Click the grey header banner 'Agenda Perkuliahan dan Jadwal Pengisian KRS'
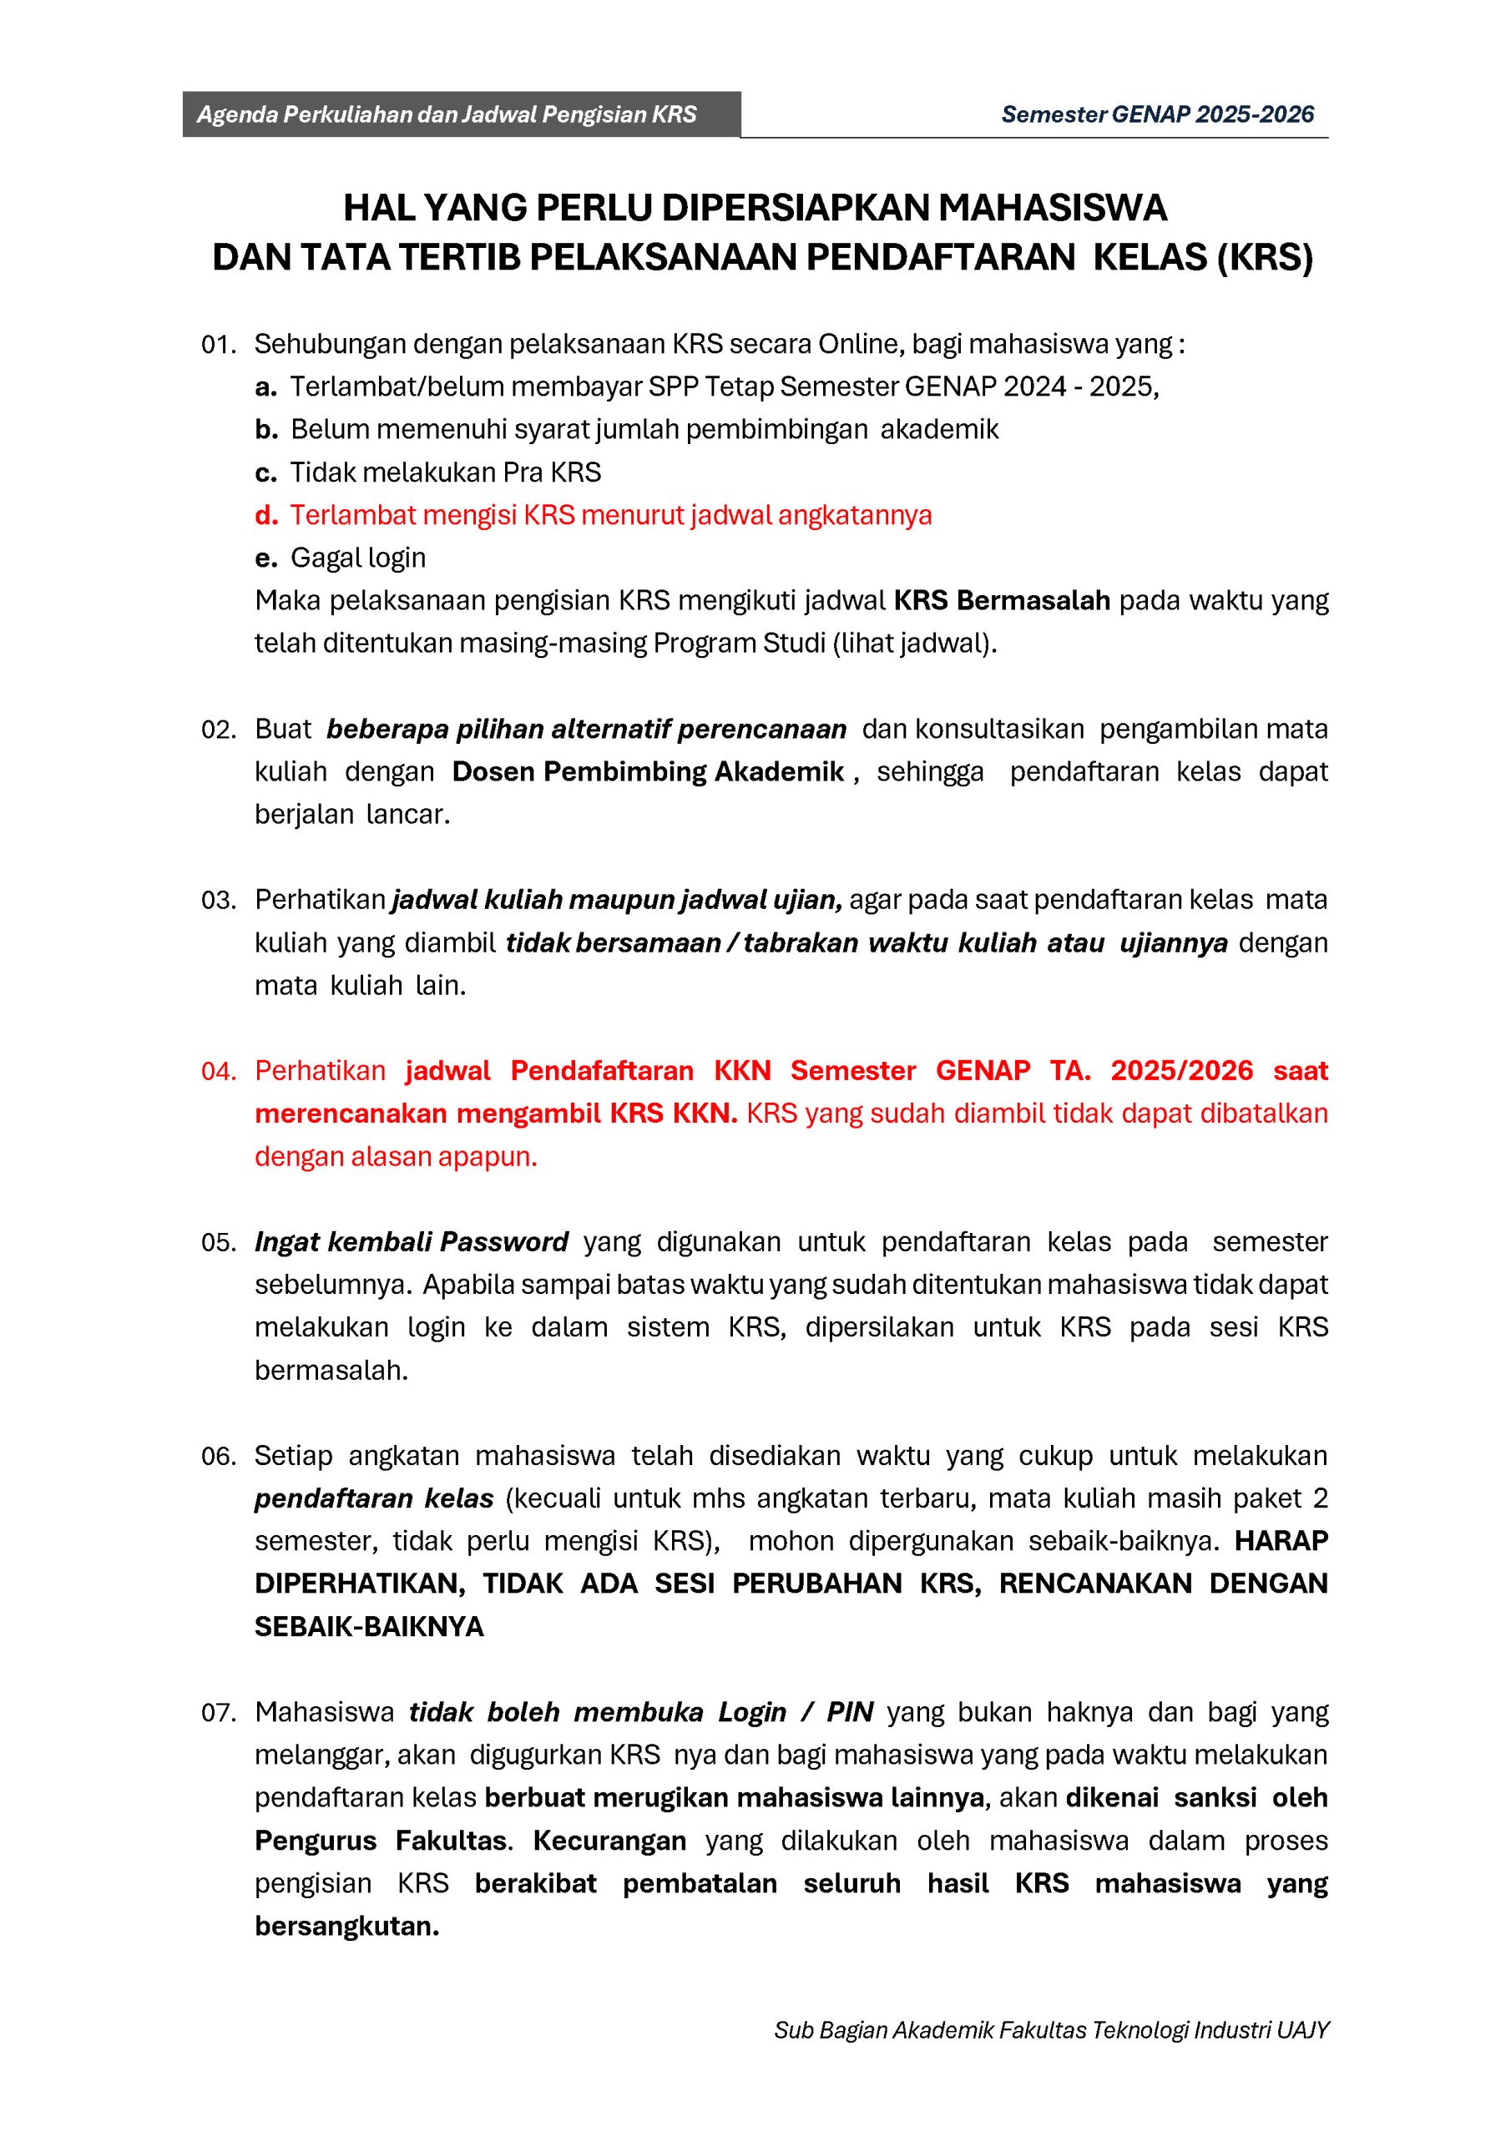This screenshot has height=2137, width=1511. pyautogui.click(x=447, y=114)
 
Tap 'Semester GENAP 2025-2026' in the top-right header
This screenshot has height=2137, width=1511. pyautogui.click(x=1157, y=114)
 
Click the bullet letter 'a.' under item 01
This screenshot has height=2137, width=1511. pyautogui.click(x=266, y=387)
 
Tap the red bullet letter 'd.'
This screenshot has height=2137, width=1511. pyautogui.click(x=266, y=516)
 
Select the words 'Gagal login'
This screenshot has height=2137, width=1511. pyautogui.click(x=358, y=558)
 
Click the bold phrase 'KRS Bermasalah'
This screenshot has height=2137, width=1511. pyautogui.click(x=1002, y=601)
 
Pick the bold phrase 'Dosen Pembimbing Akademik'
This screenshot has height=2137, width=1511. pyautogui.click(x=648, y=771)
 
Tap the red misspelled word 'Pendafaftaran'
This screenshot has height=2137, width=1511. pyautogui.click(x=601, y=1071)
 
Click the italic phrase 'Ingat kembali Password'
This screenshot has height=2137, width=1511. pyautogui.click(x=412, y=1243)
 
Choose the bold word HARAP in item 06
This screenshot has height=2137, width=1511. pyautogui.click(x=1280, y=1541)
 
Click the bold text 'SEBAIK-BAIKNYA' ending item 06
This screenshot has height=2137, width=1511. pyautogui.click(x=370, y=1627)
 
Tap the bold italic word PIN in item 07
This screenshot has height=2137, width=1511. pyautogui.click(x=849, y=1713)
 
